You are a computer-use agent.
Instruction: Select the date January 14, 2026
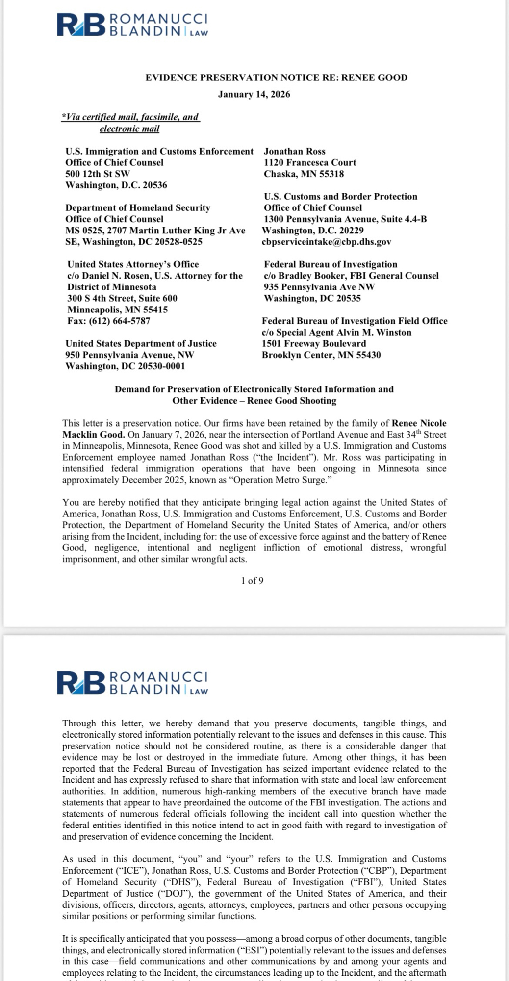[x=254, y=94]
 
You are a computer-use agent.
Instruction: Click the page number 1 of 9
[x=252, y=581]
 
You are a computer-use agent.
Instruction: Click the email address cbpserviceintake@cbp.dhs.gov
[x=327, y=242]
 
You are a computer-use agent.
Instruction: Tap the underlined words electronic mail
[x=129, y=129]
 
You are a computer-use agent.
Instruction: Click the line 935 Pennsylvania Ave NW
[x=319, y=287]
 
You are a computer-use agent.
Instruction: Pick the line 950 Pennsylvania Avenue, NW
[x=129, y=355]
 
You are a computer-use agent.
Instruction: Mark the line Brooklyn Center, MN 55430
[x=321, y=355]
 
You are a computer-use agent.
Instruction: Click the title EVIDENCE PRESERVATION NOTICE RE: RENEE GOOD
[x=276, y=77]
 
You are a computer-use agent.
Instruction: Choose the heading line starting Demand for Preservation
[x=254, y=389]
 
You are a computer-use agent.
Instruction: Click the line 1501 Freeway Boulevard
[x=314, y=343]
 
